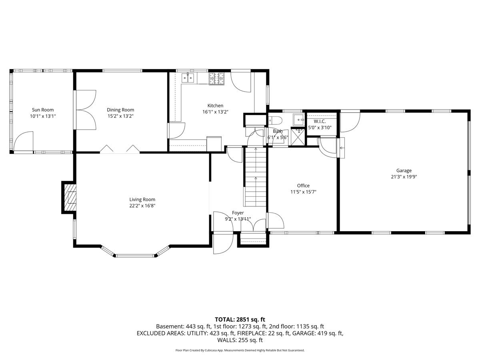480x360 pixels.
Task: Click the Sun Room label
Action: point(43,110)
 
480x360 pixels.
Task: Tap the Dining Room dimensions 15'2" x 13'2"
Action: point(120,116)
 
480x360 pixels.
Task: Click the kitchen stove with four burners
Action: point(217,78)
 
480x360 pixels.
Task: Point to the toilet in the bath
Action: point(275,120)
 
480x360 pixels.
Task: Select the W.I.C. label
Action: point(320,121)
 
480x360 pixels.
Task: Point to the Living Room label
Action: point(142,200)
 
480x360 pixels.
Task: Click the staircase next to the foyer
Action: point(255,176)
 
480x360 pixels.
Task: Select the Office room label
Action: point(303,186)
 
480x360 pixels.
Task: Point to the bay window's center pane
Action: point(135,255)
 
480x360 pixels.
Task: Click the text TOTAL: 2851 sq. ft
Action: point(240,319)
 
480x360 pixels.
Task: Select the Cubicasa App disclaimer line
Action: point(240,350)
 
